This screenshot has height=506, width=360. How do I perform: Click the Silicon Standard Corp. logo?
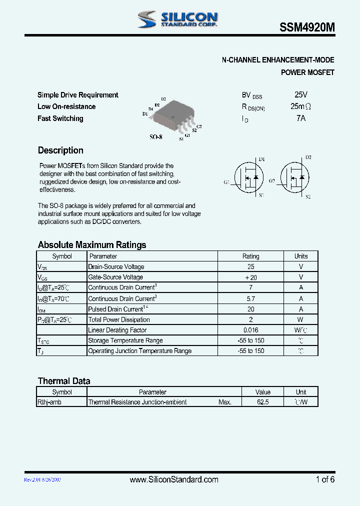[177, 19]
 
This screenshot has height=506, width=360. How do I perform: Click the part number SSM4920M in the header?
[307, 29]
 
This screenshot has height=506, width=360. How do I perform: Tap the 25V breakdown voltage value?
[301, 94]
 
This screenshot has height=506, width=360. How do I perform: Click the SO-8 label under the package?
[156, 136]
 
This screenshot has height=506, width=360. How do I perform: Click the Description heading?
[60, 150]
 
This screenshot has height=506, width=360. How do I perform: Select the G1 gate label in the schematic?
[226, 182]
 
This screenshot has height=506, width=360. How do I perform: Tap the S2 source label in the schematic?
[307, 196]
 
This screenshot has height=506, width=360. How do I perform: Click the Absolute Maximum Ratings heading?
[92, 245]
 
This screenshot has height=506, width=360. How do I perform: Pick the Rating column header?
[251, 256]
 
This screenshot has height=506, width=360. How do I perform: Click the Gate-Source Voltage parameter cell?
[115, 277]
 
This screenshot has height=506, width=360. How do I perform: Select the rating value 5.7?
[251, 298]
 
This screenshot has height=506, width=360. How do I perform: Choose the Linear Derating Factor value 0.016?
[251, 330]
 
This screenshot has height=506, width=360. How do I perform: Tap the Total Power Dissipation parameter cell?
[119, 319]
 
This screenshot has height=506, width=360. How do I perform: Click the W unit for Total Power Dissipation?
[301, 319]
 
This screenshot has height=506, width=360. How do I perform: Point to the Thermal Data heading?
[64, 381]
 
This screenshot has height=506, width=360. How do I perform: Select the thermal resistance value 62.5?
[262, 402]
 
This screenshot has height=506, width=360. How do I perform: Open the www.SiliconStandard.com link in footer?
[174, 479]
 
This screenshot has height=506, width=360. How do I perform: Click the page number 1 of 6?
[325, 479]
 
